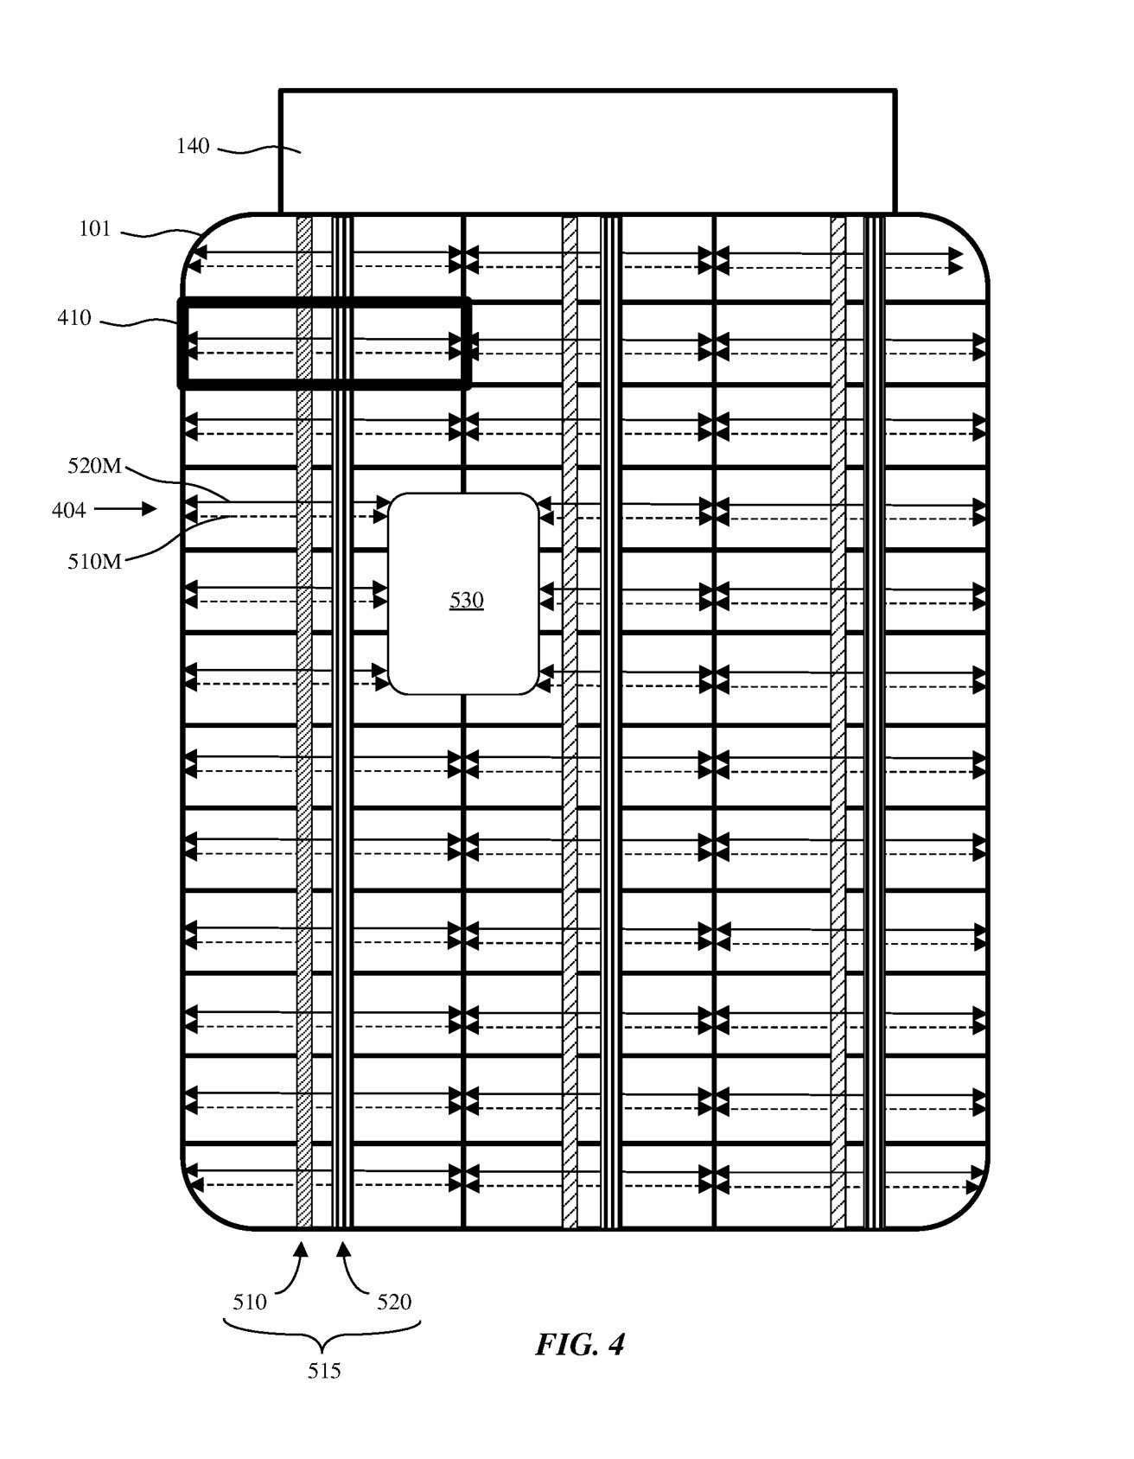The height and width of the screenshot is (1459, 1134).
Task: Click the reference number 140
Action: coord(193,146)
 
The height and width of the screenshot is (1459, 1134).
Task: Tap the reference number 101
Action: coord(95,229)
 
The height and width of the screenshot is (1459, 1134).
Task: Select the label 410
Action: coord(74,318)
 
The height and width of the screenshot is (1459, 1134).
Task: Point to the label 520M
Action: coord(95,467)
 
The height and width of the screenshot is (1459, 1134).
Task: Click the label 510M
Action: coord(95,561)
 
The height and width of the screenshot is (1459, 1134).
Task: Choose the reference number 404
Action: coord(69,510)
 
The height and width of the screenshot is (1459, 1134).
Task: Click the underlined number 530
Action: coord(466,600)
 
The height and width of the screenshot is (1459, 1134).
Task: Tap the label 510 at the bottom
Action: coord(250,1301)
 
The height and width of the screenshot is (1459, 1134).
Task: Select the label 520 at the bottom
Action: coord(393,1301)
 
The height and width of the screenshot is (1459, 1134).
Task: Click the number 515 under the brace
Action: coord(324,1370)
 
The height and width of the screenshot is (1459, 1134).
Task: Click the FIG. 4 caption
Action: coord(579,1344)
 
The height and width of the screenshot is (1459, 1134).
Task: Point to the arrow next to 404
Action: coord(125,510)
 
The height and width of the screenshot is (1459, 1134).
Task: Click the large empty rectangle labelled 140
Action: coord(588,151)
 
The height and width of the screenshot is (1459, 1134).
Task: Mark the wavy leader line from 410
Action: coord(138,323)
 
